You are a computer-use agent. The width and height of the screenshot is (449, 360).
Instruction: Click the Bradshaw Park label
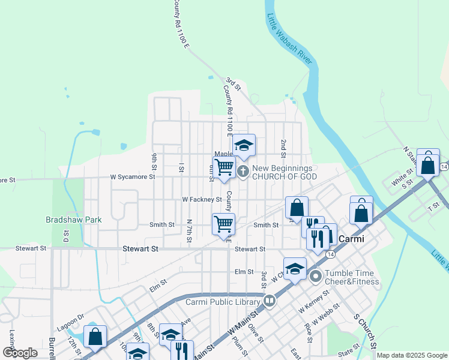click(74, 220)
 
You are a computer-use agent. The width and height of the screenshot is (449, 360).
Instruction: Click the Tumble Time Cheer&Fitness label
click(352, 277)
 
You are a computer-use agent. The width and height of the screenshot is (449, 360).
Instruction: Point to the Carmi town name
click(352, 239)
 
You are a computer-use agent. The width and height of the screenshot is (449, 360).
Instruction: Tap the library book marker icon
click(270, 300)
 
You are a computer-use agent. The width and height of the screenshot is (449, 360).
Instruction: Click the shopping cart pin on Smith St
click(223, 224)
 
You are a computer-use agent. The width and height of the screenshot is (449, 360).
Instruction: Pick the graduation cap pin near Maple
click(244, 145)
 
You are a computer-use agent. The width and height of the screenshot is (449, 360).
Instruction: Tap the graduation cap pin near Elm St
click(295, 269)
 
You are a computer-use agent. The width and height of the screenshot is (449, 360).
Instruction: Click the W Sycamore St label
click(133, 177)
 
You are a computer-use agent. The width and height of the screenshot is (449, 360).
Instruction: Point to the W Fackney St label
click(202, 199)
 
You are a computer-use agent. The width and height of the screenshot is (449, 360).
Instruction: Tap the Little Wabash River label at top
click(289, 37)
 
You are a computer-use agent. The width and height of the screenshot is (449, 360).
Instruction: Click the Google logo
click(20, 353)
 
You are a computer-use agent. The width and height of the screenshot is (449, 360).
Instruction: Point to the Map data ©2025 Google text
click(412, 355)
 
